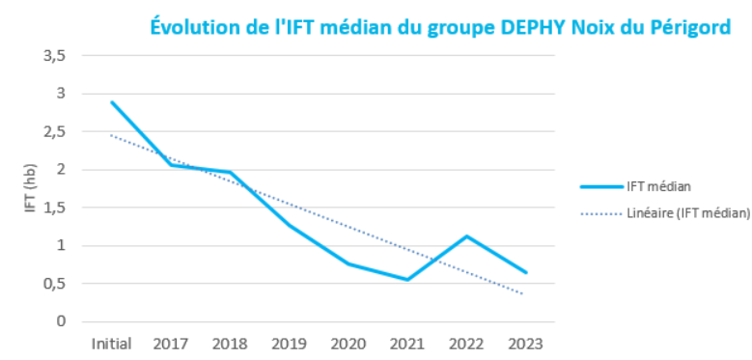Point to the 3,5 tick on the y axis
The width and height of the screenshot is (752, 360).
54,56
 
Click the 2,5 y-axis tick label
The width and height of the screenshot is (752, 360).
54,132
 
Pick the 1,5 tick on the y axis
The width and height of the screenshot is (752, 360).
54,208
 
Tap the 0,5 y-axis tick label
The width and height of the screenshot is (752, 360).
54,284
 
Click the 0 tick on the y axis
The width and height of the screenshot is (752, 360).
61,321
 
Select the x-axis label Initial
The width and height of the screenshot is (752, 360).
112,344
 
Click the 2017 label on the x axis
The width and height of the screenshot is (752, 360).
171,344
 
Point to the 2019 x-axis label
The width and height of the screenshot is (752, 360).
290,344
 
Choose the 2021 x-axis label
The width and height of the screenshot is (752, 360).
407,344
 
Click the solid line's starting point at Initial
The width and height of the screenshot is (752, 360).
112,102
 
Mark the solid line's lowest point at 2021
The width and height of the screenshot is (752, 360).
407,280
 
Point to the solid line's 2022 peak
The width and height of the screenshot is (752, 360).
467,236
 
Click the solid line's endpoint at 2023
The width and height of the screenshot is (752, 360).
526,272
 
